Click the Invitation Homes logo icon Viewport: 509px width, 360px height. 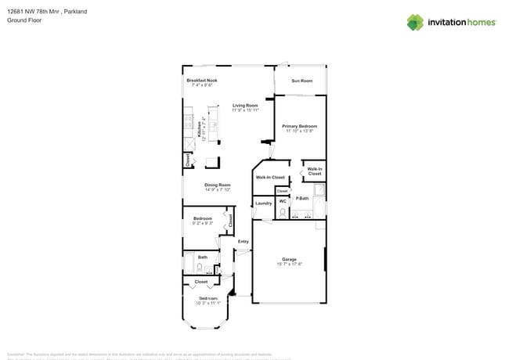(414, 22)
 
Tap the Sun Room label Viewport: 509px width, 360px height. (301, 81)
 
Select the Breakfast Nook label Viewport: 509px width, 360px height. (201, 81)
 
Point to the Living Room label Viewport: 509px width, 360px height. (245, 105)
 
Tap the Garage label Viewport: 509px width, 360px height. (289, 259)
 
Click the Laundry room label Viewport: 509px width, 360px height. (263, 203)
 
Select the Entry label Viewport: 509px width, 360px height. (243, 241)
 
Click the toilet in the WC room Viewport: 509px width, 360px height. (283, 212)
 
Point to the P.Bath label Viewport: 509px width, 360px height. (301, 199)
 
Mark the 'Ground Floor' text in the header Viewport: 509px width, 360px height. (23, 21)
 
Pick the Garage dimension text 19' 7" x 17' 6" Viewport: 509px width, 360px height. (289, 264)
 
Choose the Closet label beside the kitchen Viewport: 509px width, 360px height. (188, 160)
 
